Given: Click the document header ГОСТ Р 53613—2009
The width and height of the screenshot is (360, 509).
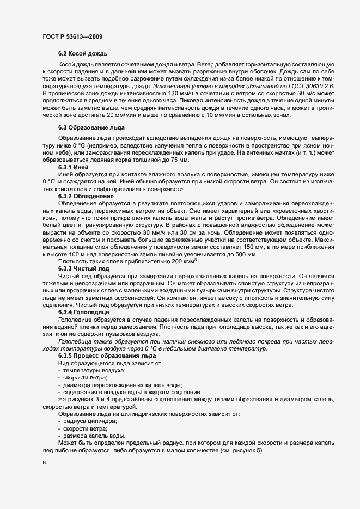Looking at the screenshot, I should coord(72,36).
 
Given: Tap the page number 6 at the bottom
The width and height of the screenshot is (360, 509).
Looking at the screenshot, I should coord(44,463).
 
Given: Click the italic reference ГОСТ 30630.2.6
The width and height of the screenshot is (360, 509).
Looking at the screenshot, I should coord(316,87).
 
